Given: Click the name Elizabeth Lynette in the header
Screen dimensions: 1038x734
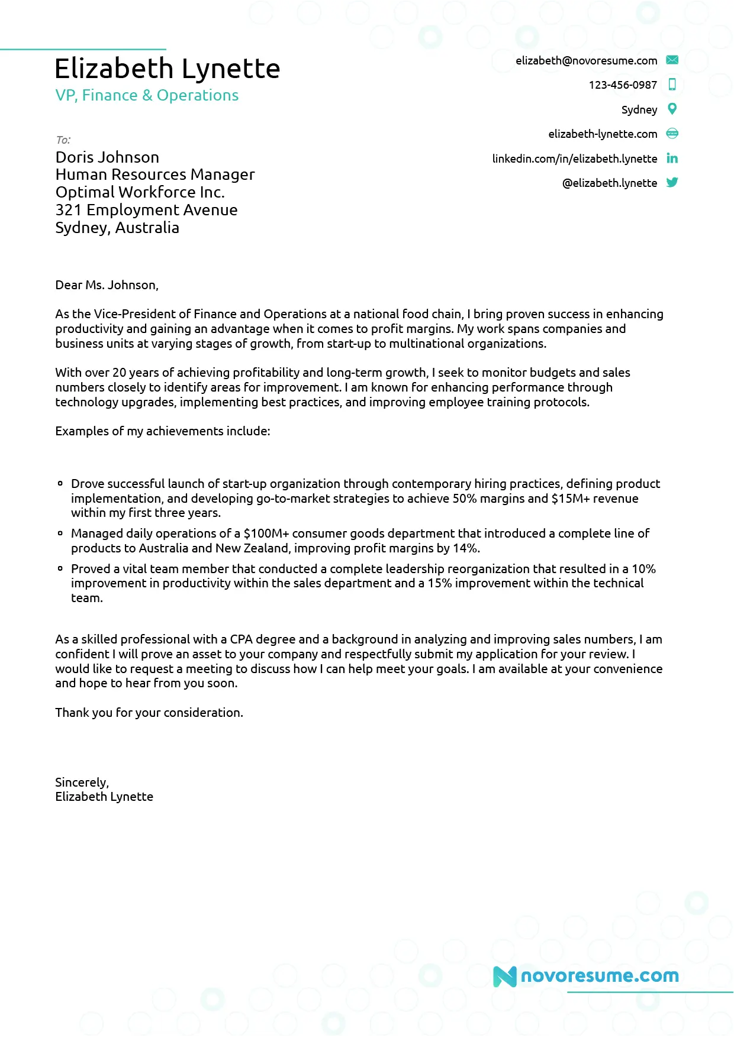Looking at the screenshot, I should click(x=167, y=69).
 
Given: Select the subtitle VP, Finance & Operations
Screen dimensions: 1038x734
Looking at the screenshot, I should click(x=147, y=95).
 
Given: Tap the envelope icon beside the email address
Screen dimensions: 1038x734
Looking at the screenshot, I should click(x=672, y=60).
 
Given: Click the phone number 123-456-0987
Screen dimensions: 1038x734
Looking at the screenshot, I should click(x=623, y=85).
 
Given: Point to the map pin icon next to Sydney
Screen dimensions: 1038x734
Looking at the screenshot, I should click(x=672, y=109).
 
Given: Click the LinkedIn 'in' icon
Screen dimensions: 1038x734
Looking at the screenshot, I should click(x=672, y=158).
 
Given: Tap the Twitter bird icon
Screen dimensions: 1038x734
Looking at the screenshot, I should click(x=672, y=182).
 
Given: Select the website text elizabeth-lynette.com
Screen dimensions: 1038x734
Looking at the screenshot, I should click(x=603, y=134).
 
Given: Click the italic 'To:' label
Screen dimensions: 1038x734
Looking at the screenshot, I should click(x=63, y=140).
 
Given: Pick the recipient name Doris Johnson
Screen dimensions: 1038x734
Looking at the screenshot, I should click(x=107, y=157).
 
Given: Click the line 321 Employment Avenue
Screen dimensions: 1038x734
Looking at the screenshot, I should click(x=146, y=210).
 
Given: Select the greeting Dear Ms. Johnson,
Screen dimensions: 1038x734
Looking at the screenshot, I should click(x=107, y=285).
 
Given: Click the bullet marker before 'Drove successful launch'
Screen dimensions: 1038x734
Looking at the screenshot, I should click(x=60, y=483).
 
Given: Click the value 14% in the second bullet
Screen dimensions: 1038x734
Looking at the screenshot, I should click(x=466, y=548).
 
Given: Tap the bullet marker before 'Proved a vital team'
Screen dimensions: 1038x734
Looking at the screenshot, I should click(x=60, y=568).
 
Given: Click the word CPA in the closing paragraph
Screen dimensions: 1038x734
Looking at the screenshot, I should click(x=241, y=639).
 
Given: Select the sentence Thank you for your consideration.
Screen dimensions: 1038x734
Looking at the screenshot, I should click(x=149, y=713).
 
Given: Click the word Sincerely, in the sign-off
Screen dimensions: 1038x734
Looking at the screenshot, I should click(x=82, y=782).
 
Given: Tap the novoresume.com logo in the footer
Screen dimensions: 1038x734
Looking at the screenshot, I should click(x=586, y=976).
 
